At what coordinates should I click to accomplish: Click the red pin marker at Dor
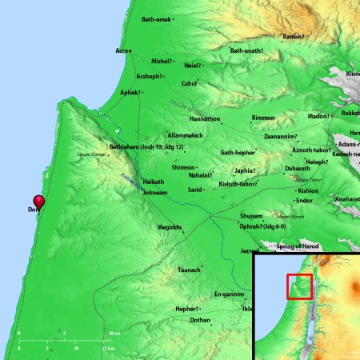coord(38,202)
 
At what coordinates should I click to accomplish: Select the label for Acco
coord(122,50)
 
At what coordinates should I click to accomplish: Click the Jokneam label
coord(155,193)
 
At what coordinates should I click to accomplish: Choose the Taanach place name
coord(189,270)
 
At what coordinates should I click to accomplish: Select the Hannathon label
coord(226,118)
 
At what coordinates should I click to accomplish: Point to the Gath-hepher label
coord(238,152)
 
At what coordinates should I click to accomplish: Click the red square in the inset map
coord(298,286)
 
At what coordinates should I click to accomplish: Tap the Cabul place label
coord(189,82)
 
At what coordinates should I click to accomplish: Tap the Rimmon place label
coord(263,118)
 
